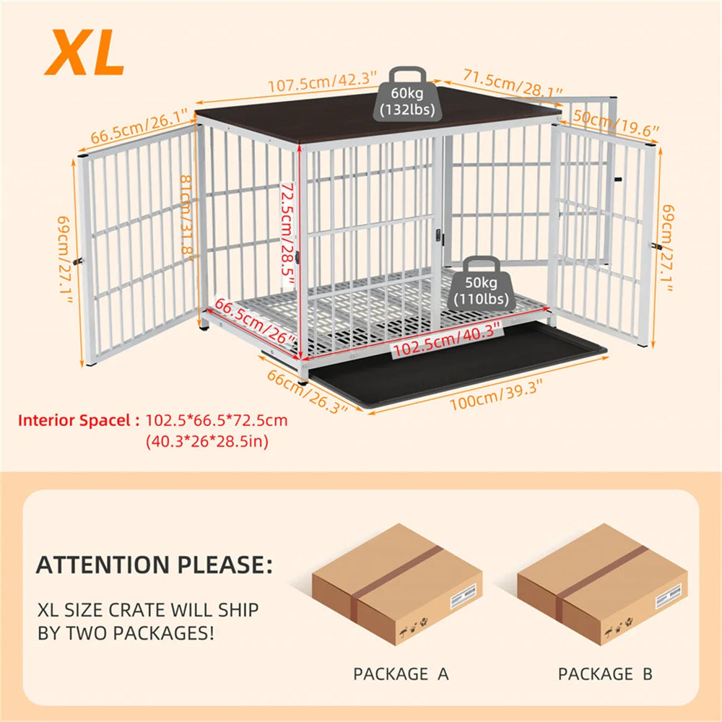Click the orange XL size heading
tap(84, 53)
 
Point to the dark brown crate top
tap(375, 119)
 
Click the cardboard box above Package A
tap(396, 583)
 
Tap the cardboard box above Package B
tap(602, 583)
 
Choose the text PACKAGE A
tap(401, 674)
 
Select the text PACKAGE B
tap(605, 674)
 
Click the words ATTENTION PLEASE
tap(155, 564)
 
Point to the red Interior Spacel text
tap(79, 420)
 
